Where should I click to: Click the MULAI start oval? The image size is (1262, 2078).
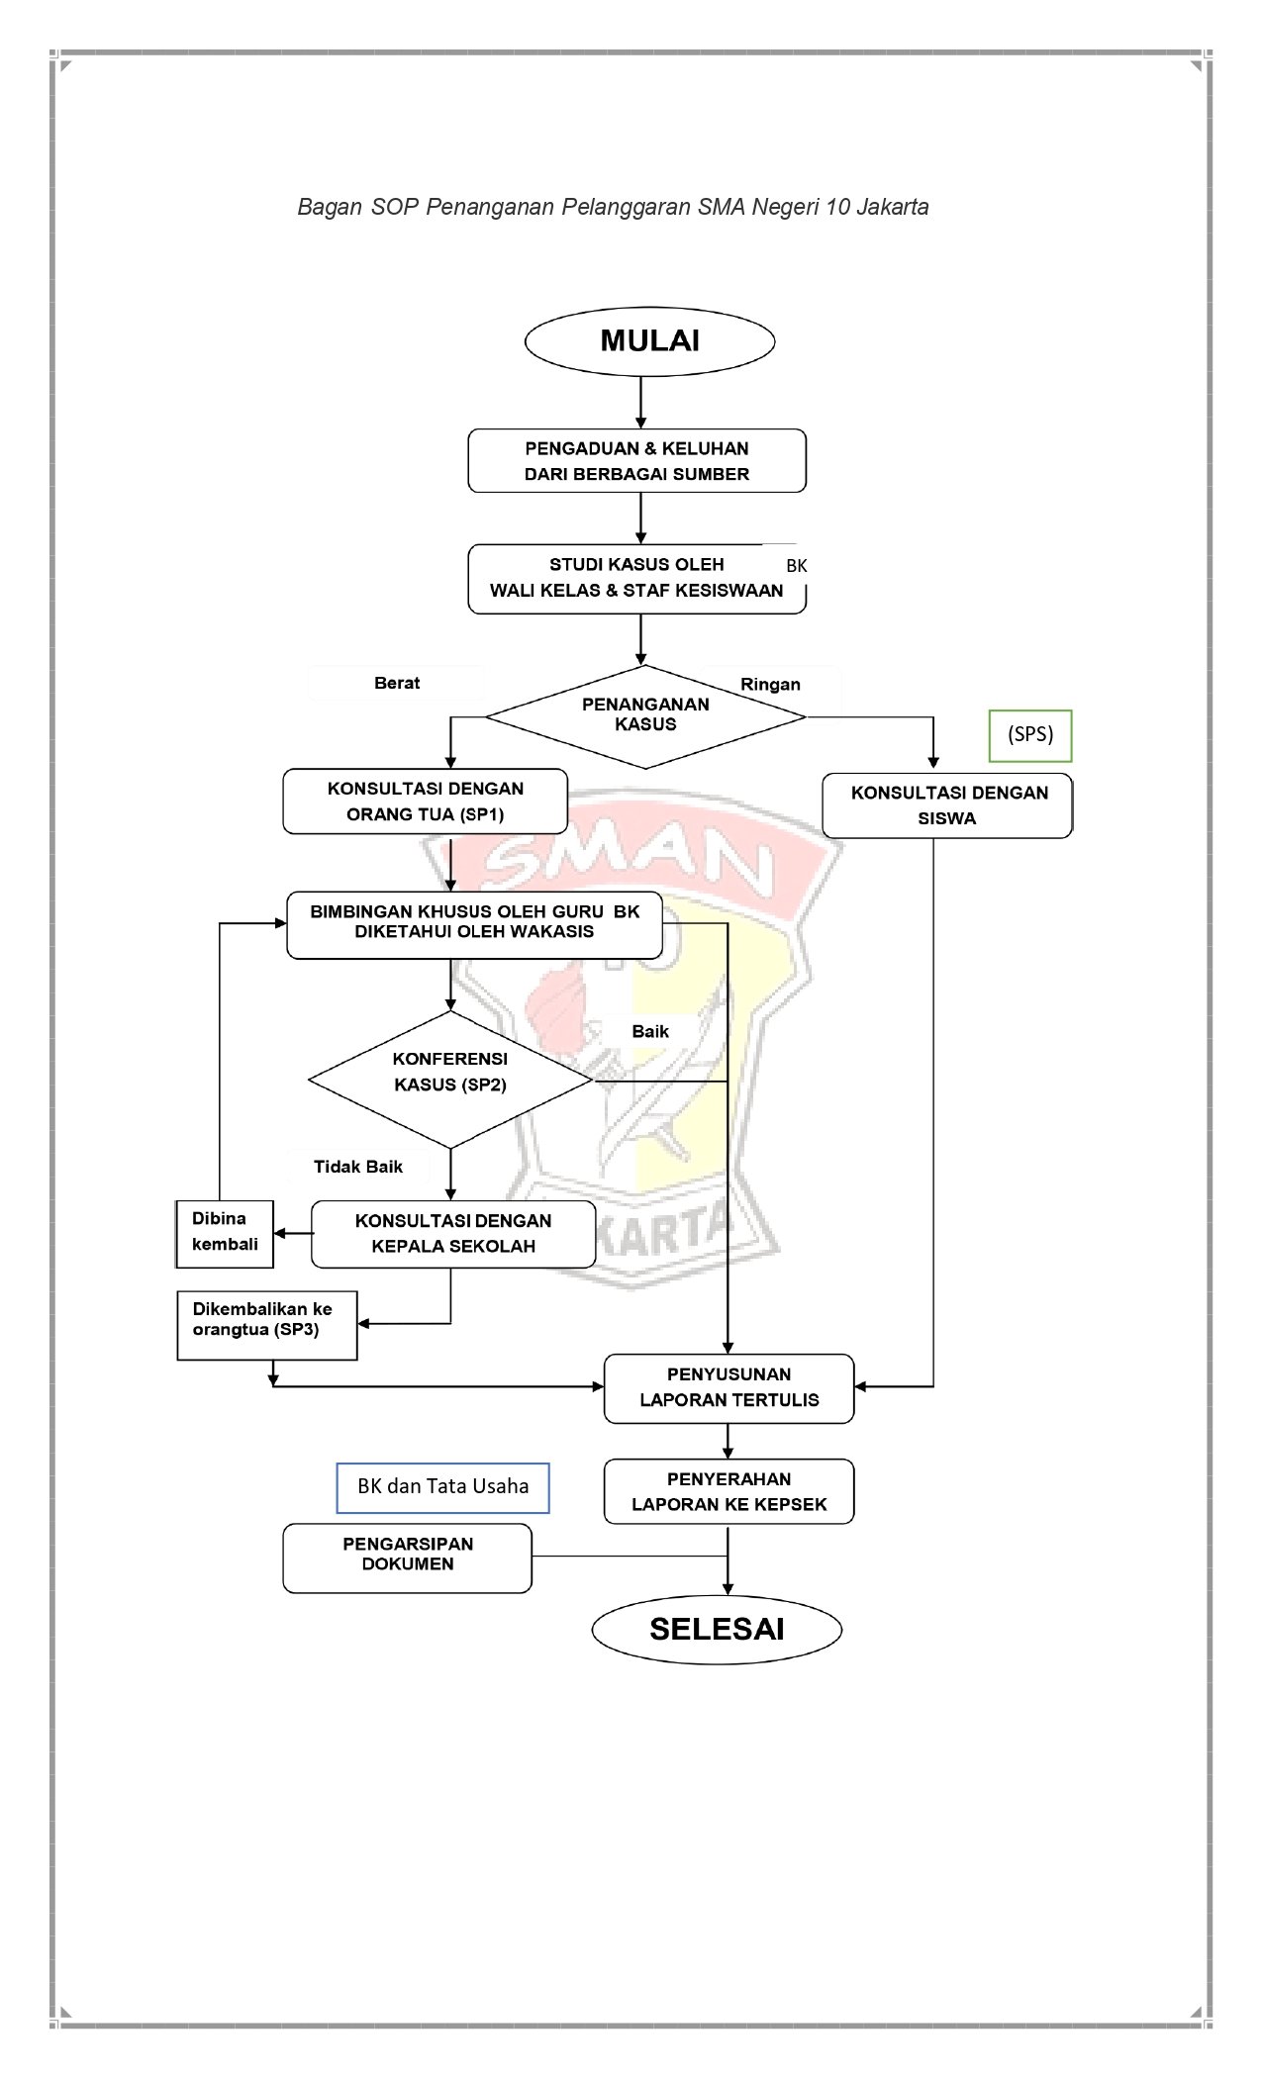click(x=649, y=341)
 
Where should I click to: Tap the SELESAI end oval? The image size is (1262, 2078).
click(x=717, y=1630)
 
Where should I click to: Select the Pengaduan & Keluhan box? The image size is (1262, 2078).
click(x=636, y=461)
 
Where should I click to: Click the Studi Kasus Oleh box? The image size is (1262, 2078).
click(x=636, y=579)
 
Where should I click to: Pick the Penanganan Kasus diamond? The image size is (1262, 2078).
click(x=645, y=715)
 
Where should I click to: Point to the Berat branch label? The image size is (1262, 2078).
click(x=397, y=683)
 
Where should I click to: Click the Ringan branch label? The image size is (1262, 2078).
click(x=770, y=685)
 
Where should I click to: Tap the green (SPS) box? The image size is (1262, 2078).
click(x=1030, y=735)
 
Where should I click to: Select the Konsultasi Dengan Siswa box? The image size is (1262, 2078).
click(x=947, y=805)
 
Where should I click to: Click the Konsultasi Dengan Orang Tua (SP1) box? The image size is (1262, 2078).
click(x=426, y=802)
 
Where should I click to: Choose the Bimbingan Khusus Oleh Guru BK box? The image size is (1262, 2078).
click(x=474, y=923)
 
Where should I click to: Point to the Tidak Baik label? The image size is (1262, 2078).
click(x=358, y=1167)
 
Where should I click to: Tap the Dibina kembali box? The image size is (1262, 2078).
click(x=225, y=1233)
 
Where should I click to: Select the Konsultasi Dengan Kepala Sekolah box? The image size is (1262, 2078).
click(x=453, y=1234)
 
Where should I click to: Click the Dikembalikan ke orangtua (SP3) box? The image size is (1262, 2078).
click(x=266, y=1324)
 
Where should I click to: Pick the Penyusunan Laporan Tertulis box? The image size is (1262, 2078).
click(x=728, y=1388)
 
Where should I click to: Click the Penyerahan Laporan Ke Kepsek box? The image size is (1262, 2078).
click(x=728, y=1492)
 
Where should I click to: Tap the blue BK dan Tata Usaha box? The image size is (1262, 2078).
click(x=442, y=1487)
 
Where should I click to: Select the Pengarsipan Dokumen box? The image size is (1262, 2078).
click(x=408, y=1558)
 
